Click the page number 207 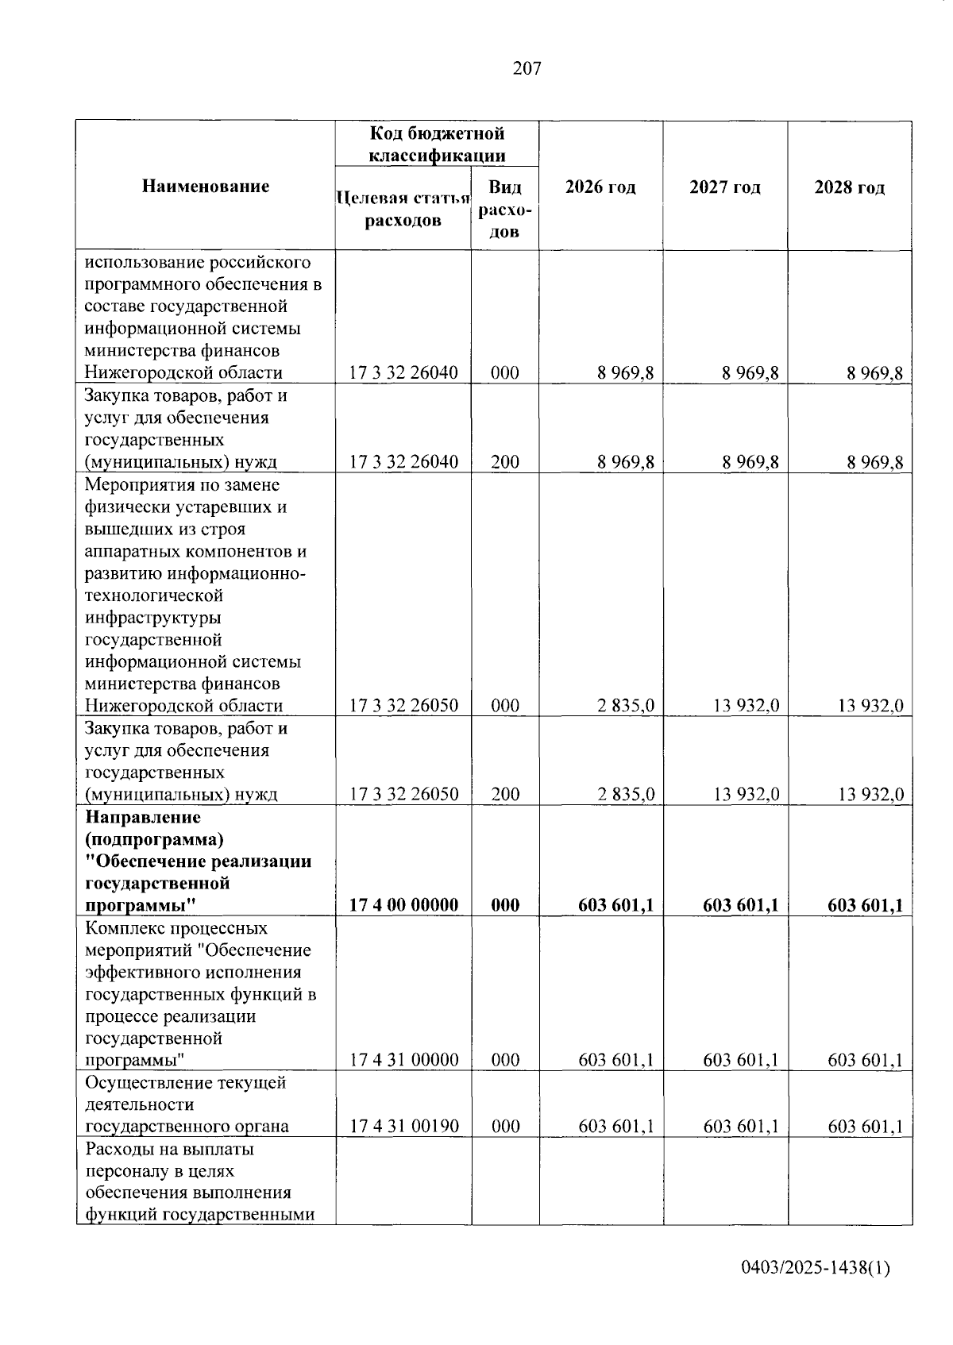(x=527, y=69)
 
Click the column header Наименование (x=206, y=187)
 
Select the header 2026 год (x=600, y=187)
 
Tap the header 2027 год (x=724, y=187)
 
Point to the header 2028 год (x=849, y=187)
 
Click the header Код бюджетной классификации (x=437, y=144)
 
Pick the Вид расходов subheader (x=505, y=210)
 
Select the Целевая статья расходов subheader (x=403, y=210)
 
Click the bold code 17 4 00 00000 (x=403, y=905)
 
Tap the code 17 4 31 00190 (x=403, y=1127)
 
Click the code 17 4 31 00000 (x=403, y=1060)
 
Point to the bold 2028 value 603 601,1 (x=865, y=905)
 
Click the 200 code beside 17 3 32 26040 (x=505, y=462)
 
